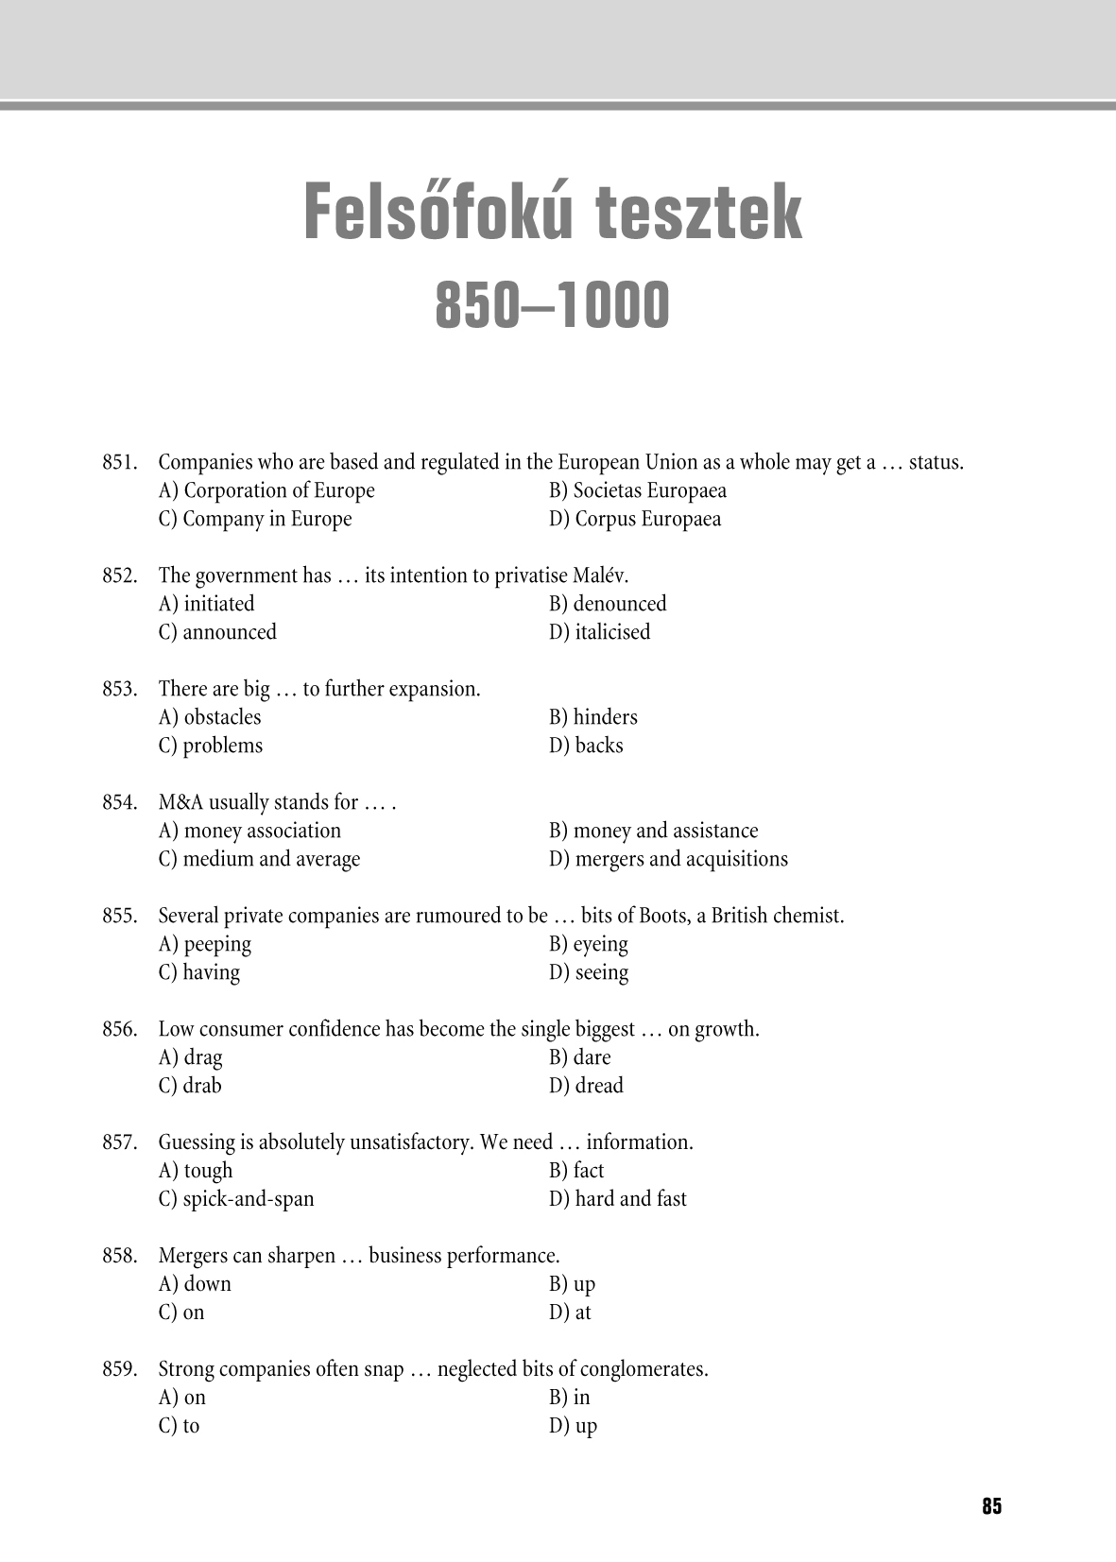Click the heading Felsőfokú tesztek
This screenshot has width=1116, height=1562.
(553, 215)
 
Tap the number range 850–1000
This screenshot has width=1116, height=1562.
(553, 305)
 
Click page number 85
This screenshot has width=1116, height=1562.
(991, 1506)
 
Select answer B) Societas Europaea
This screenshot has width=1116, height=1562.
(638, 490)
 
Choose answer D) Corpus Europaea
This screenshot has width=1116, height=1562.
(635, 519)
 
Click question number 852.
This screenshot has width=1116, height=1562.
(120, 575)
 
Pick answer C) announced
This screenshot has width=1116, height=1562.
(217, 632)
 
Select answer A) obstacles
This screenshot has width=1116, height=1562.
(210, 717)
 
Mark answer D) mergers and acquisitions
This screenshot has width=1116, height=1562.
(668, 859)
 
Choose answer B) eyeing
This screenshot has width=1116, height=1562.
(589, 944)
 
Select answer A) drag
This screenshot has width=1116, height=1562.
(191, 1057)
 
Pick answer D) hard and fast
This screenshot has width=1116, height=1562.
(618, 1199)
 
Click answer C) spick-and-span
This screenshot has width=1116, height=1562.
(236, 1199)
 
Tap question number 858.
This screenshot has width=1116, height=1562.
(120, 1256)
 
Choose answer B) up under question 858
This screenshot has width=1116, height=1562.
(573, 1284)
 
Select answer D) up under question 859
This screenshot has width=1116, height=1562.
(574, 1426)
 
